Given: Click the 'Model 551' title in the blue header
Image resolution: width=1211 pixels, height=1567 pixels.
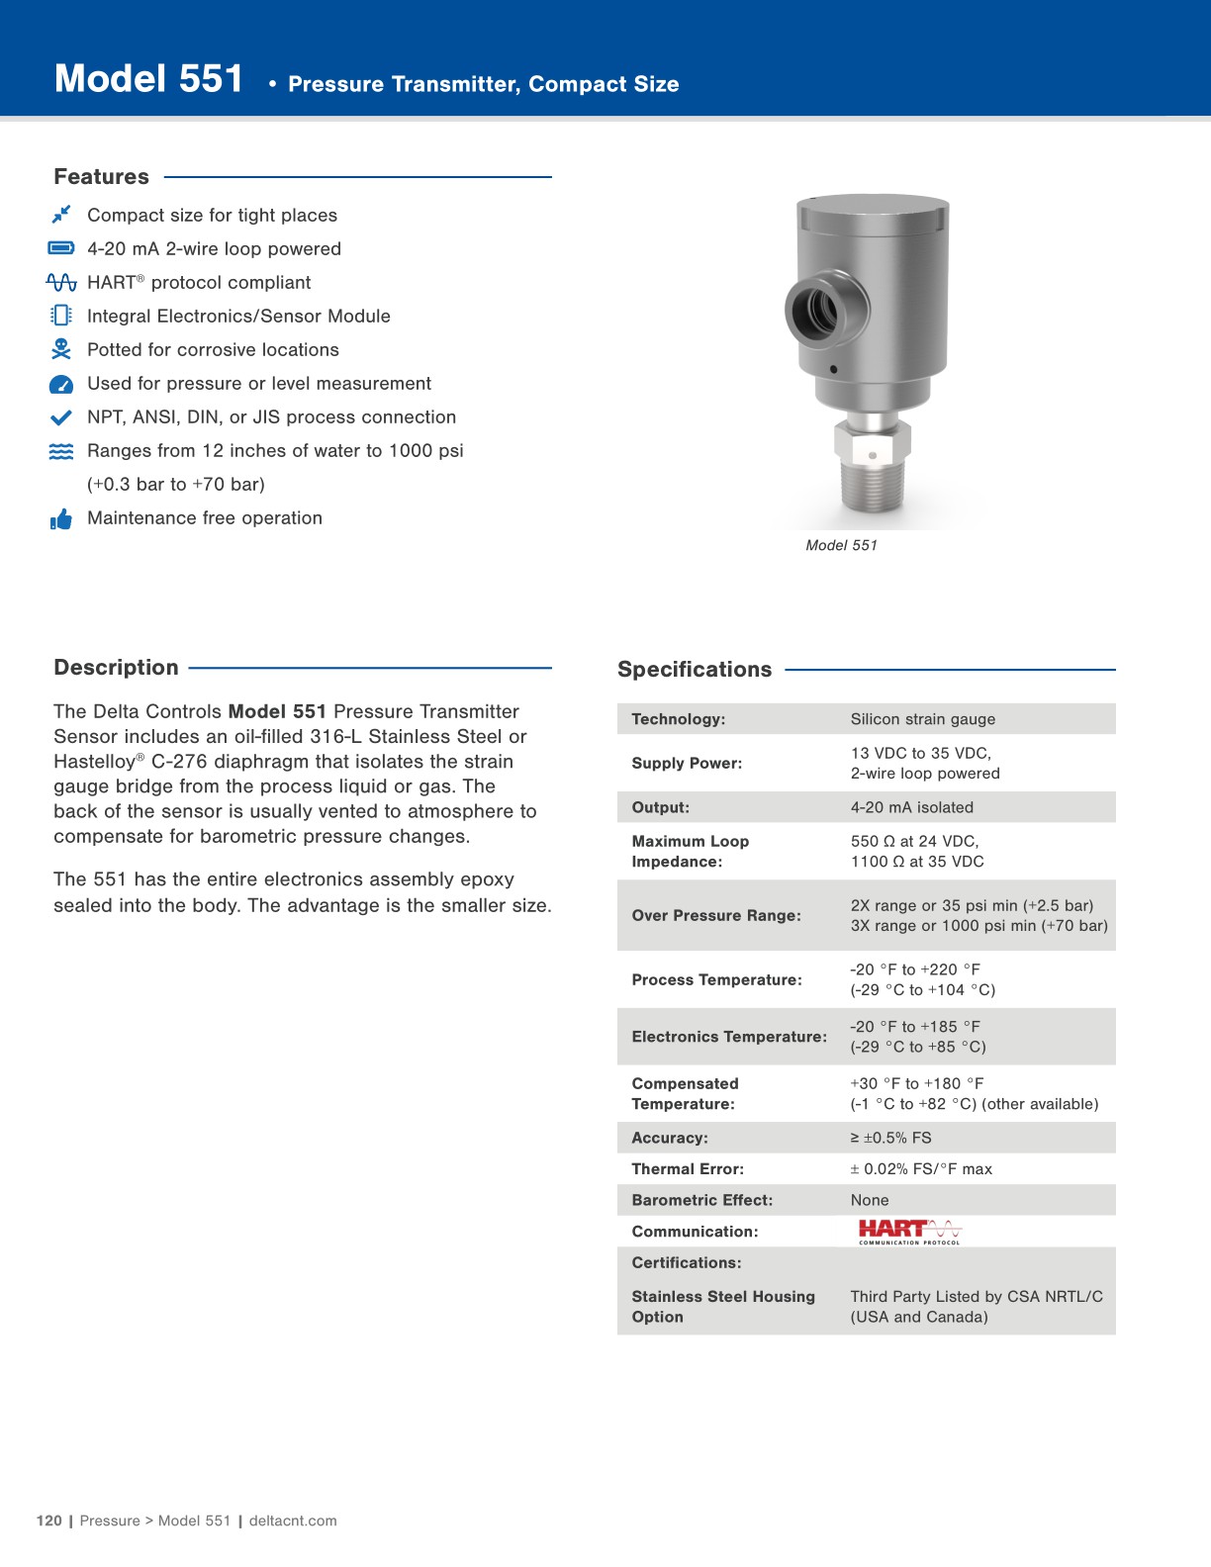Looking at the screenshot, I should coord(148,79).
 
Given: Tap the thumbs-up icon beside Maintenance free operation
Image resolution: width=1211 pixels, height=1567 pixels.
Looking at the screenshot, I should coord(61,519).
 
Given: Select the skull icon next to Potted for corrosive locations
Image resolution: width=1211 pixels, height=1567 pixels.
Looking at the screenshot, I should coord(61,349).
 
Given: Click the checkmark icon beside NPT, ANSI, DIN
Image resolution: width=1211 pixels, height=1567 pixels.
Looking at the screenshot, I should coord(61,417).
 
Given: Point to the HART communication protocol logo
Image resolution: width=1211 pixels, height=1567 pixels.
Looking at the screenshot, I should coord(909,1232).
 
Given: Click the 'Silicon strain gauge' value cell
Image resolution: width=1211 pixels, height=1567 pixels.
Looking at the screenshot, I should coord(922,719).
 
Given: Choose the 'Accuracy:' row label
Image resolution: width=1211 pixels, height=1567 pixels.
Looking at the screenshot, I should coord(670,1138).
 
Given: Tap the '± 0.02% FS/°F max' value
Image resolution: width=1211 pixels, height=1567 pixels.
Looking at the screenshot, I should coord(920,1169).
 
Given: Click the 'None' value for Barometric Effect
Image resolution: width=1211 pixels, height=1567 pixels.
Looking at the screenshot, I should coord(870,1200).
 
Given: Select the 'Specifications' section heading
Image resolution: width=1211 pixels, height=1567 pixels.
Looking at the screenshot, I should coord(695,670).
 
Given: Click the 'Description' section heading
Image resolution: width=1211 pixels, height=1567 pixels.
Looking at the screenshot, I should coord(116,668).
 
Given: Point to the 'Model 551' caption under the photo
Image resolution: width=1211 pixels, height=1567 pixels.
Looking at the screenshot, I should coord(841,545).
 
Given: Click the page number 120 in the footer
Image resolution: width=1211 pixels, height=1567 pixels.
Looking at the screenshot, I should coord(48,1521).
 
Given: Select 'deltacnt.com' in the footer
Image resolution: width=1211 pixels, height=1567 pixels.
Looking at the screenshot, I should coord(293,1521).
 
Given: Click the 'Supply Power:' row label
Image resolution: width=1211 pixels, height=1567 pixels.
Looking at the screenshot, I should coord(687,763).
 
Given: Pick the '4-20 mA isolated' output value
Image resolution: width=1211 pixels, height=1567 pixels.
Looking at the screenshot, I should coord(911,807).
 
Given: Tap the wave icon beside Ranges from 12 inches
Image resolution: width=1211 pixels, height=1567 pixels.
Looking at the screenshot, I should coord(61,451).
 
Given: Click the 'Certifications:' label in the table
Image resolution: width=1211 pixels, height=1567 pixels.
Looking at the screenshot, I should coord(686,1263).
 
